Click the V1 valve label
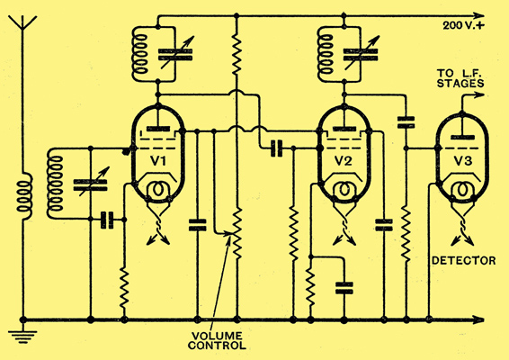click(158, 160)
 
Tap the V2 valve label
click(344, 160)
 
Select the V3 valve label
click(462, 160)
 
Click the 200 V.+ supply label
click(463, 25)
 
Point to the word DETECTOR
click(463, 261)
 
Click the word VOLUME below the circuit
click(217, 336)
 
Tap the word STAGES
click(460, 83)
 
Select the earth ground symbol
click(22, 337)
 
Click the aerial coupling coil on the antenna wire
click(25, 196)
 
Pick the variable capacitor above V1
click(175, 54)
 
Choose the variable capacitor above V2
click(361, 54)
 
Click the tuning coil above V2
click(326, 54)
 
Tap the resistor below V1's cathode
click(124, 287)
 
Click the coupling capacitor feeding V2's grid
click(277, 148)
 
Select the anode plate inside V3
click(462, 138)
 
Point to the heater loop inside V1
click(157, 189)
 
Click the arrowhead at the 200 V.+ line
click(478, 15)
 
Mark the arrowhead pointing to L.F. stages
click(478, 94)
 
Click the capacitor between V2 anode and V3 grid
click(406, 122)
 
